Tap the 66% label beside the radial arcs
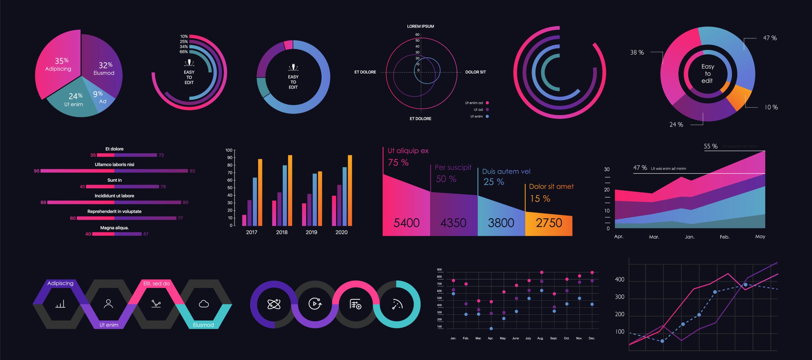[x=184, y=52]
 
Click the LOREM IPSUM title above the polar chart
[x=420, y=26]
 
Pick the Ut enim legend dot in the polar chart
[x=487, y=116]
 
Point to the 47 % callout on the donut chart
[x=770, y=38]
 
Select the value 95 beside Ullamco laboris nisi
[x=36, y=171]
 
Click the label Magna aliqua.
[x=114, y=228]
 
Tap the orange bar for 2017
[x=260, y=192]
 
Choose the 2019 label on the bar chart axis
[x=311, y=232]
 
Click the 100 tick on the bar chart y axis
[x=229, y=150]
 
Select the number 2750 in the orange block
[x=549, y=223]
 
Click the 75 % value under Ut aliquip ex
[x=398, y=163]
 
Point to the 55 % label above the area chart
[x=710, y=146]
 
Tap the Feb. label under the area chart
[x=724, y=237]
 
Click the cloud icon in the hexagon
[x=204, y=304]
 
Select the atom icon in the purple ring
[x=274, y=304]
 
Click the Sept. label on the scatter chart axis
[x=553, y=338]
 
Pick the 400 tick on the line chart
[x=619, y=279]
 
